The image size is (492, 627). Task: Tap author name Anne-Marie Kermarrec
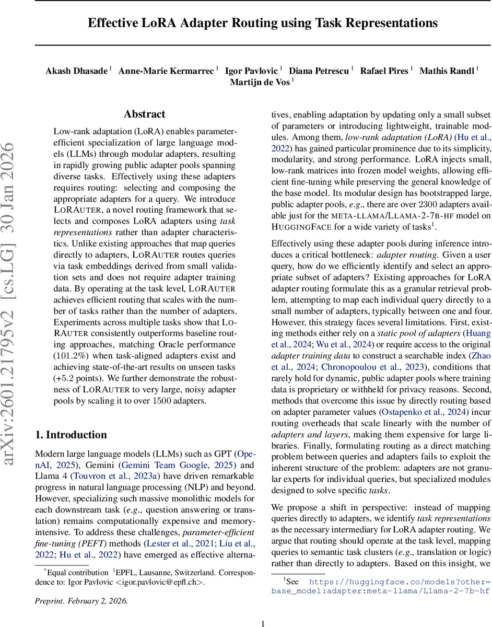click(x=167, y=71)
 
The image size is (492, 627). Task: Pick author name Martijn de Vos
click(x=260, y=82)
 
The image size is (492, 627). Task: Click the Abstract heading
click(x=145, y=114)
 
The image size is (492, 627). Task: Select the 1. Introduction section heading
click(x=71, y=435)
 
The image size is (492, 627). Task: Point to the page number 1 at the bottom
click(x=263, y=623)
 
